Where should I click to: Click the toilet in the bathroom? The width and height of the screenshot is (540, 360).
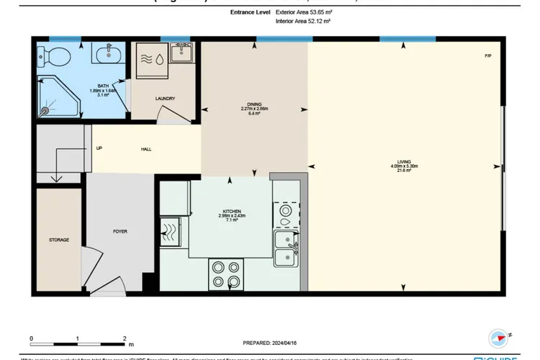tap(55, 55)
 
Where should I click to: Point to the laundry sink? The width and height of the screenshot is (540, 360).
tap(180, 53)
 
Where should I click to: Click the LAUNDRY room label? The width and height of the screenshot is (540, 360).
tap(165, 99)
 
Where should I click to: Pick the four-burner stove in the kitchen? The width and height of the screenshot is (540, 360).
tap(227, 273)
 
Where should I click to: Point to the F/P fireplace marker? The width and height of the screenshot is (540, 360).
tap(488, 55)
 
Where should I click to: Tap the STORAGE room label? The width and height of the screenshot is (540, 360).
tap(59, 240)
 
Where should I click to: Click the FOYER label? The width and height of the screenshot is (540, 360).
tap(120, 232)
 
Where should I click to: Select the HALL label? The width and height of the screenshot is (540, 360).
tap(146, 149)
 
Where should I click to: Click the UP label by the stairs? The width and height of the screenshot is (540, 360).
tap(99, 149)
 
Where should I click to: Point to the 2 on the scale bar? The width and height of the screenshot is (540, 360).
tap(125, 338)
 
